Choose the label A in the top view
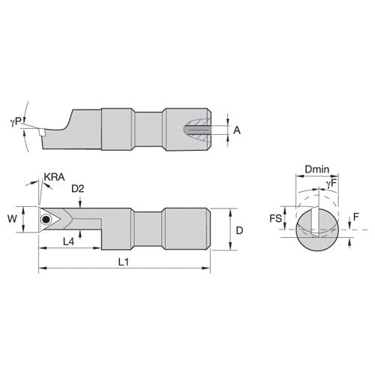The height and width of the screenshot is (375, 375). tap(238, 130)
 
